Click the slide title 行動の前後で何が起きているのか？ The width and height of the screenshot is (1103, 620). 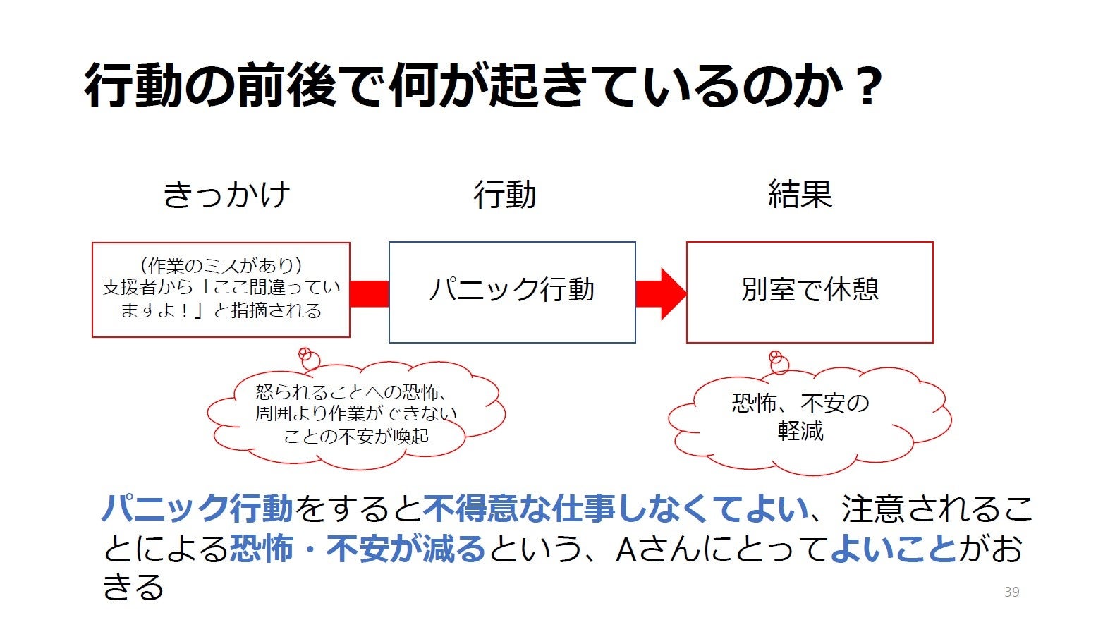click(x=482, y=86)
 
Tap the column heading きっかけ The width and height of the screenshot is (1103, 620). click(x=226, y=195)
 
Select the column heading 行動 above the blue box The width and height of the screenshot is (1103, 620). click(x=505, y=195)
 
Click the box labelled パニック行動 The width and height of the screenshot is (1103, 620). click(x=512, y=292)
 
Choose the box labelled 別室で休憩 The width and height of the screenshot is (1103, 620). click(x=810, y=292)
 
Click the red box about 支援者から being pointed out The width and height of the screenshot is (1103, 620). click(x=221, y=289)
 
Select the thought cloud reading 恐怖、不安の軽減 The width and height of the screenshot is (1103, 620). click(x=804, y=420)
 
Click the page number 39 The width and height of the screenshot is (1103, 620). click(x=1012, y=592)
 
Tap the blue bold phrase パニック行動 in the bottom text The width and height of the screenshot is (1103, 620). click(x=197, y=508)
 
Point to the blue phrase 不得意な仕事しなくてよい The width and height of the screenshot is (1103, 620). click(x=615, y=508)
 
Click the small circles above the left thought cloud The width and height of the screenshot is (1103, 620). click(x=307, y=358)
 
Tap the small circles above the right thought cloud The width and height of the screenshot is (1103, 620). click(x=778, y=361)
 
